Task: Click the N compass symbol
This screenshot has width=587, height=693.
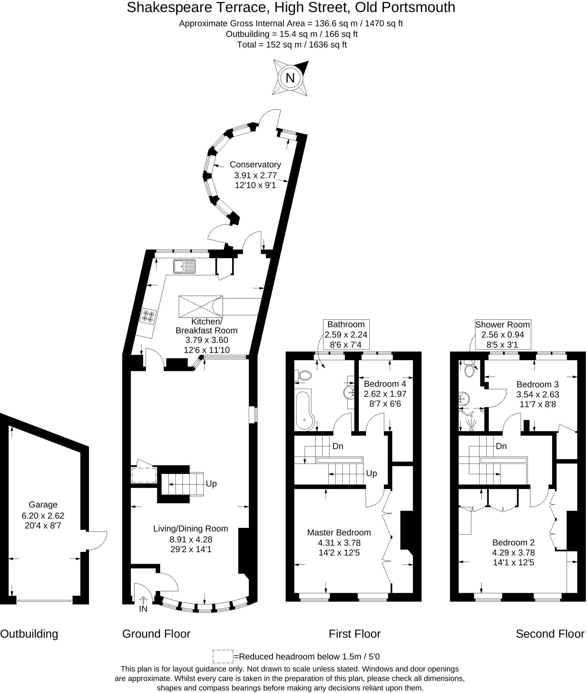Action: click(290, 78)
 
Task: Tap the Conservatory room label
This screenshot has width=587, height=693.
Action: click(255, 164)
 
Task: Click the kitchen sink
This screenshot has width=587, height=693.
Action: click(184, 266)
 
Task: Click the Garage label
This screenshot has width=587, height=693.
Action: click(43, 505)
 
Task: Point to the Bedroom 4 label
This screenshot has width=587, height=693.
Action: click(385, 384)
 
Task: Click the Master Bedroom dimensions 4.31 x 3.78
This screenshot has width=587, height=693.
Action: click(339, 543)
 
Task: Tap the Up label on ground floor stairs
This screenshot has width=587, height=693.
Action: click(211, 484)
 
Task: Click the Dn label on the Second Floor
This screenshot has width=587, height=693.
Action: click(501, 446)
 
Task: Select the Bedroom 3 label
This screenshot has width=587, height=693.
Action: click(537, 384)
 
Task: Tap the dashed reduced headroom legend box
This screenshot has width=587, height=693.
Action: click(223, 656)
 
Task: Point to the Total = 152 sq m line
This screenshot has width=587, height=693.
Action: click(292, 45)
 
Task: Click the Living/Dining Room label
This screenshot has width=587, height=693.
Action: click(191, 529)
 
